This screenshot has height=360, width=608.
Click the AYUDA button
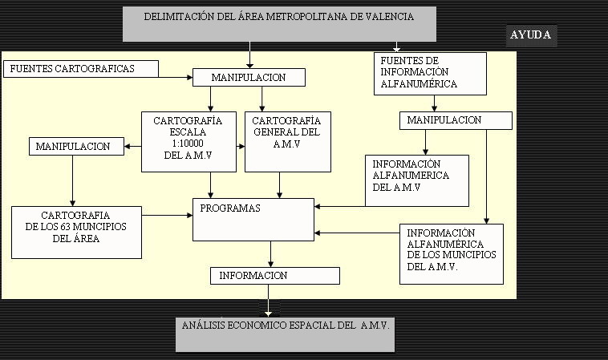pyautogui.click(x=531, y=35)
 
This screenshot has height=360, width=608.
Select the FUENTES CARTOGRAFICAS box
pyautogui.click(x=81, y=69)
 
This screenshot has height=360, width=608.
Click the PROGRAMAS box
pyautogui.click(x=253, y=220)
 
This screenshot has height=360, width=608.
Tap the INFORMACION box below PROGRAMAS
pyautogui.click(x=275, y=276)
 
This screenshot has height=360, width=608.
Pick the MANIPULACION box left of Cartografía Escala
pyautogui.click(x=76, y=147)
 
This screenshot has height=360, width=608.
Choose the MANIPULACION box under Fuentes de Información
pyautogui.click(x=456, y=120)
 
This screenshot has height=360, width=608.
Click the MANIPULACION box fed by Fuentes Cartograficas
pyautogui.click(x=249, y=78)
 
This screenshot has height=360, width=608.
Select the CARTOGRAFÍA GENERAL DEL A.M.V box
pyautogui.click(x=288, y=142)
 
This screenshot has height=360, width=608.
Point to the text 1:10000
pyautogui.click(x=188, y=144)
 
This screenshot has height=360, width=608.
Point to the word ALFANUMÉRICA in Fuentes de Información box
pyautogui.click(x=419, y=83)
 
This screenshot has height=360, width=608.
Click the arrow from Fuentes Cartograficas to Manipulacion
pyautogui.click(x=176, y=77)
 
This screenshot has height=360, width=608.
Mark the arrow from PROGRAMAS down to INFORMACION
pyautogui.click(x=270, y=254)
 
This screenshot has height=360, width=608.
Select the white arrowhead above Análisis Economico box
pyautogui.click(x=268, y=313)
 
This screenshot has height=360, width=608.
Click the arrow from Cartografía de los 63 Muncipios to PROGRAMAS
pyautogui.click(x=167, y=215)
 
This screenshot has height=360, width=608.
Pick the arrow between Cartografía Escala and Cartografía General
pyautogui.click(x=241, y=147)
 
